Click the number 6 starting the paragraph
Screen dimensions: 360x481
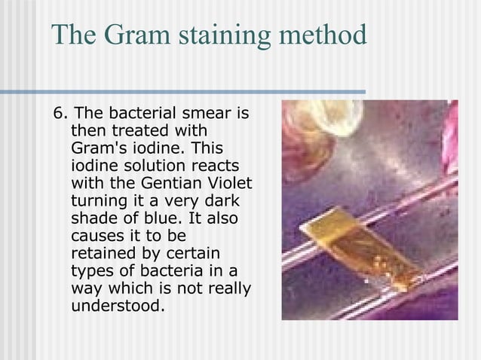click(x=59, y=114)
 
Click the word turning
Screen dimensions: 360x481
click(x=98, y=200)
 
